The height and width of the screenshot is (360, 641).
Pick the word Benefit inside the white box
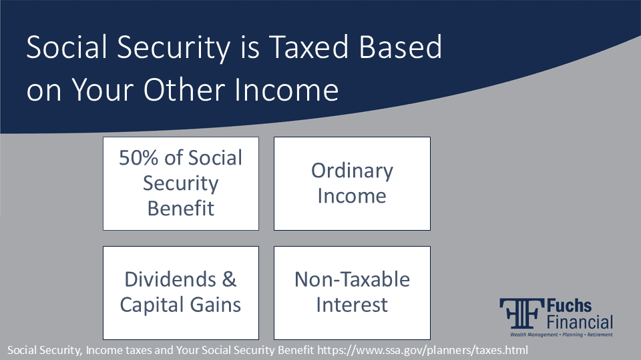(180, 208)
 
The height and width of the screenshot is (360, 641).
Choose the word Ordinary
(352, 171)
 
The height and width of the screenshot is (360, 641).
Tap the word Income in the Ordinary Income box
(352, 196)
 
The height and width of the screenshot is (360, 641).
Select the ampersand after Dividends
(229, 279)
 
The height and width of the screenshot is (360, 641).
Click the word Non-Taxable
(352, 279)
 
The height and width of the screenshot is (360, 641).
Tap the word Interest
(352, 305)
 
